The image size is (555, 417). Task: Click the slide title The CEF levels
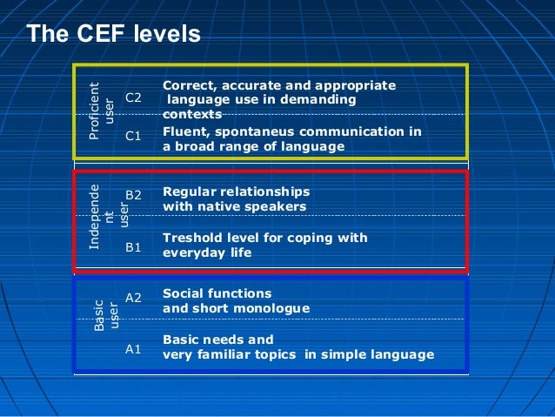pos(113,34)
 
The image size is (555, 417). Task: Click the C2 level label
pos(134,98)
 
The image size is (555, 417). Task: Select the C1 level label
pos(134,136)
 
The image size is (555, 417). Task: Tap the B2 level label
pos(134,195)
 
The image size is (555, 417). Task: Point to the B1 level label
pos(134,247)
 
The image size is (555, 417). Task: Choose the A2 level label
pos(134,298)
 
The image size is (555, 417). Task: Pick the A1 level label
pos(134,349)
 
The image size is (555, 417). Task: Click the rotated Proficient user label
pos(102,111)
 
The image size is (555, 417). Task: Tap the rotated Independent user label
pos(103,217)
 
